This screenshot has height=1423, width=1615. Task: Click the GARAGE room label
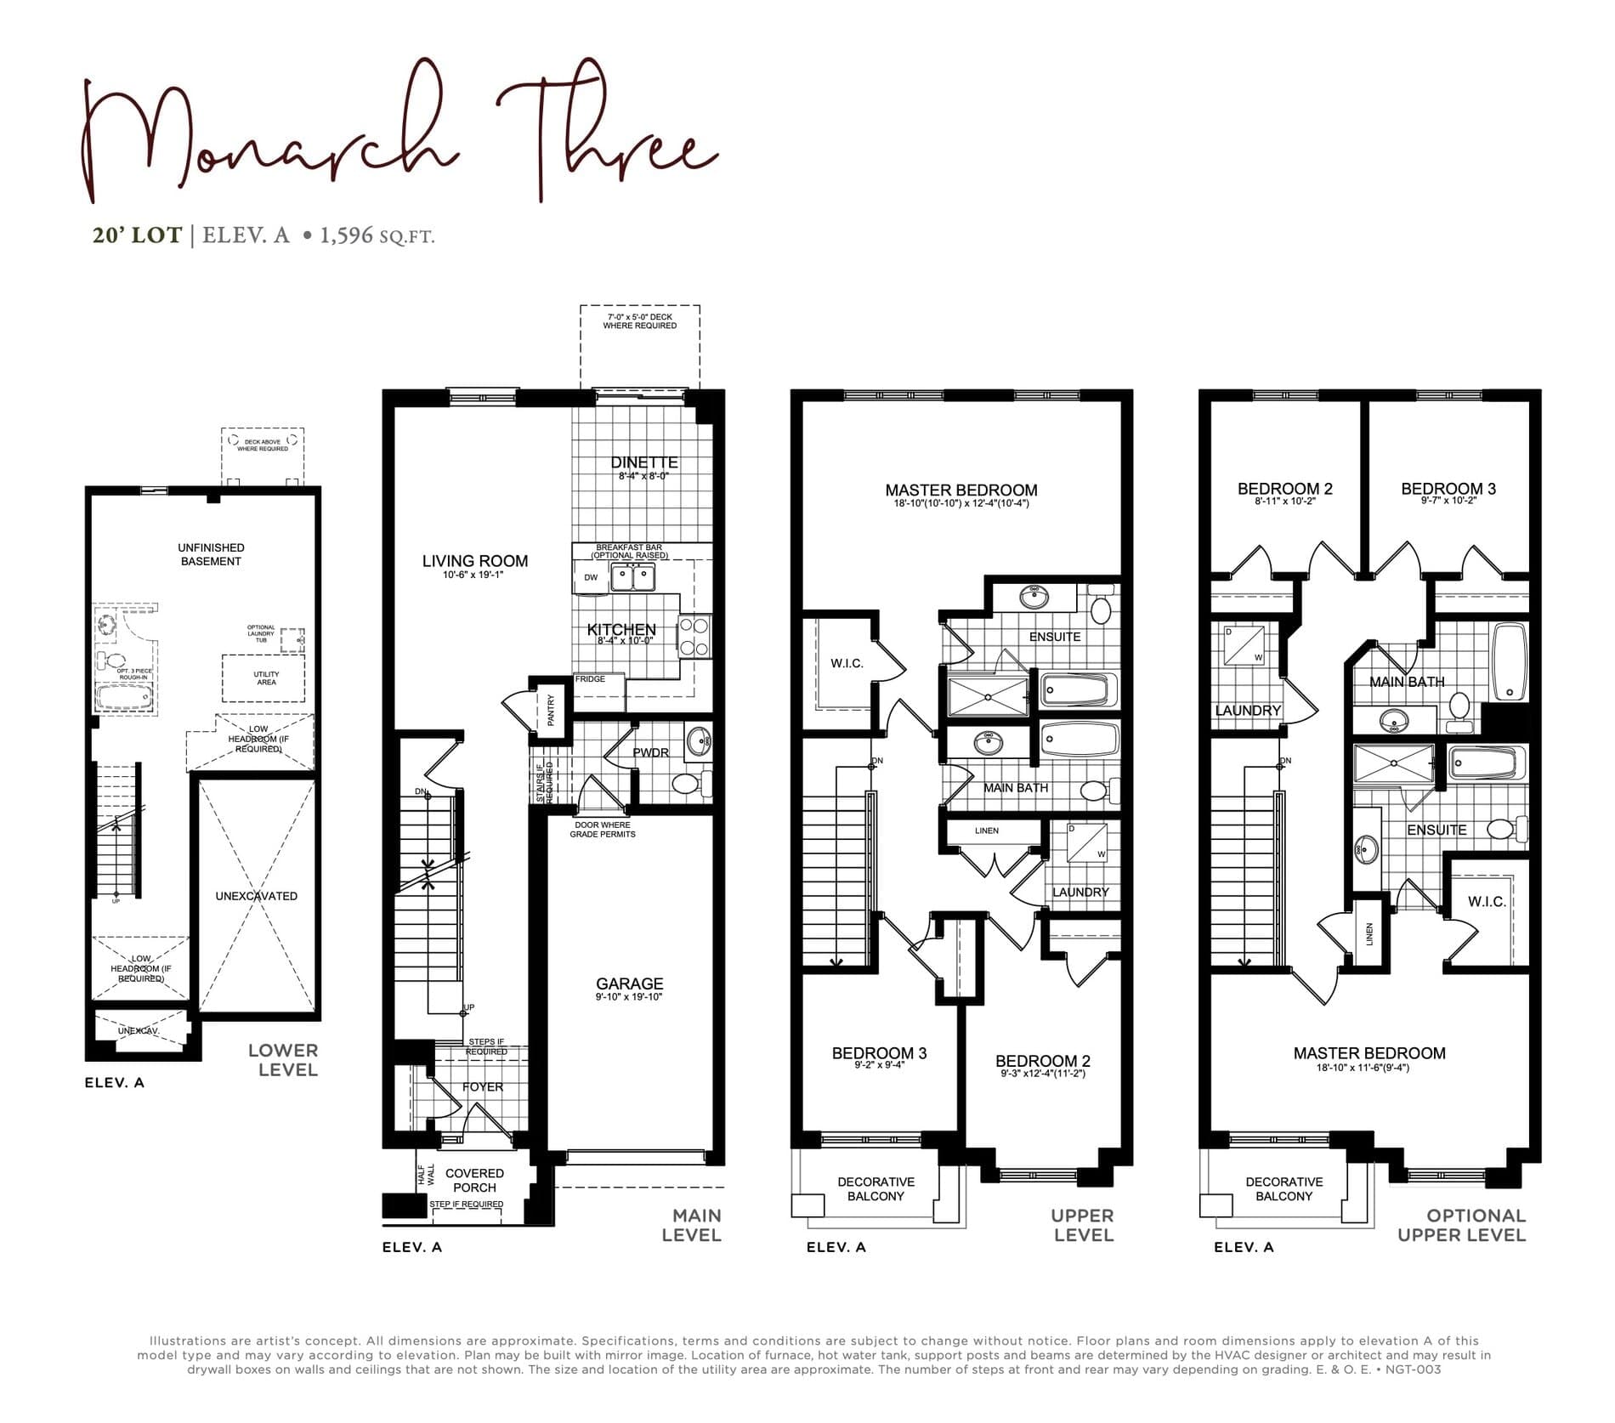coord(629,984)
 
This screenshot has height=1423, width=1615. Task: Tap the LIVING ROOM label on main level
coord(475,561)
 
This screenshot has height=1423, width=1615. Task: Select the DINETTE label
coord(644,462)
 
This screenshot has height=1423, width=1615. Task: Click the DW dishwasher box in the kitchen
coord(591,578)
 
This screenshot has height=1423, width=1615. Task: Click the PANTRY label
coord(551,710)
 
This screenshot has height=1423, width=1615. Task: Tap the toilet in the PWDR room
coord(685,783)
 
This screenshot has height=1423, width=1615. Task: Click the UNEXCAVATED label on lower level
coord(256,896)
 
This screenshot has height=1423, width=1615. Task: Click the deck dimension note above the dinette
coord(639,320)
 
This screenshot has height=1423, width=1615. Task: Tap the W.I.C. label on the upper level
coord(847,663)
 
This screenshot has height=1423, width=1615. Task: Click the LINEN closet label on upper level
coord(987,831)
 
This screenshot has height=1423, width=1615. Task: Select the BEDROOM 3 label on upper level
coord(879,1053)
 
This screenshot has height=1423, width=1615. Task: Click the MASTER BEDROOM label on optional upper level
coord(1368,1053)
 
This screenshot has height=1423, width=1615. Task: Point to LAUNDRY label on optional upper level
coord(1247,711)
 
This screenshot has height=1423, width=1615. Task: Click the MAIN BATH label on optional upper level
coord(1406,682)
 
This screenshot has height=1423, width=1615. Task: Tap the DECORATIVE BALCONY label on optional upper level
coord(1283,1188)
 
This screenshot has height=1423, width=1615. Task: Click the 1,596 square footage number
coord(346,235)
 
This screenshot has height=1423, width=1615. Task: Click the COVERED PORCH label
coord(474,1180)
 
